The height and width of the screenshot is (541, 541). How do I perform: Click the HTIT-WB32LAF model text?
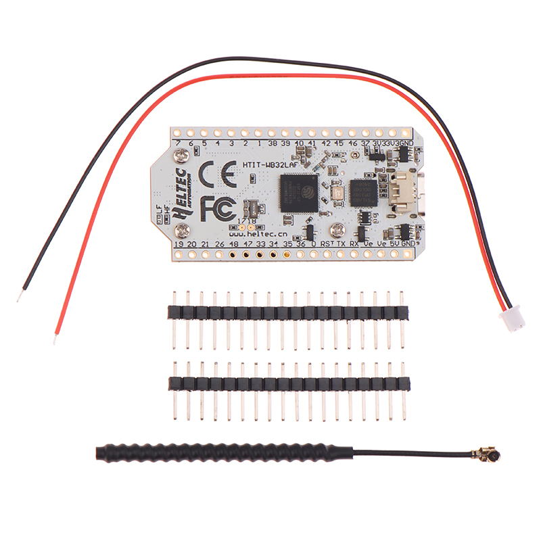(x=270, y=164)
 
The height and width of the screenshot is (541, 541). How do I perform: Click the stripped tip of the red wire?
(x=55, y=337)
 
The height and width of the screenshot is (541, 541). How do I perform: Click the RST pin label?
(x=327, y=243)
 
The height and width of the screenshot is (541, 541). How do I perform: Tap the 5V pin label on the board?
(x=394, y=243)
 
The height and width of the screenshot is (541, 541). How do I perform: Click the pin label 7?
(x=178, y=143)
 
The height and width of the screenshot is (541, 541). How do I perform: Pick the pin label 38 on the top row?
(x=272, y=143)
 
